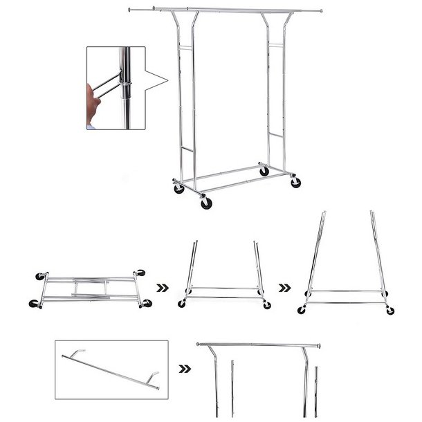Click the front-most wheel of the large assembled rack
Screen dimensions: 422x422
point(206,203)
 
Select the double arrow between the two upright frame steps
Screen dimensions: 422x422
point(284,284)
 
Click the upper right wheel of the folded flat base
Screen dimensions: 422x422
point(142,273)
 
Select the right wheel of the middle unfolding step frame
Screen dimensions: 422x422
point(266,305)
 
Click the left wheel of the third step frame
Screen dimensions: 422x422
point(305,309)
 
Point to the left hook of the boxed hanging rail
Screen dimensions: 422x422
point(70,354)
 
